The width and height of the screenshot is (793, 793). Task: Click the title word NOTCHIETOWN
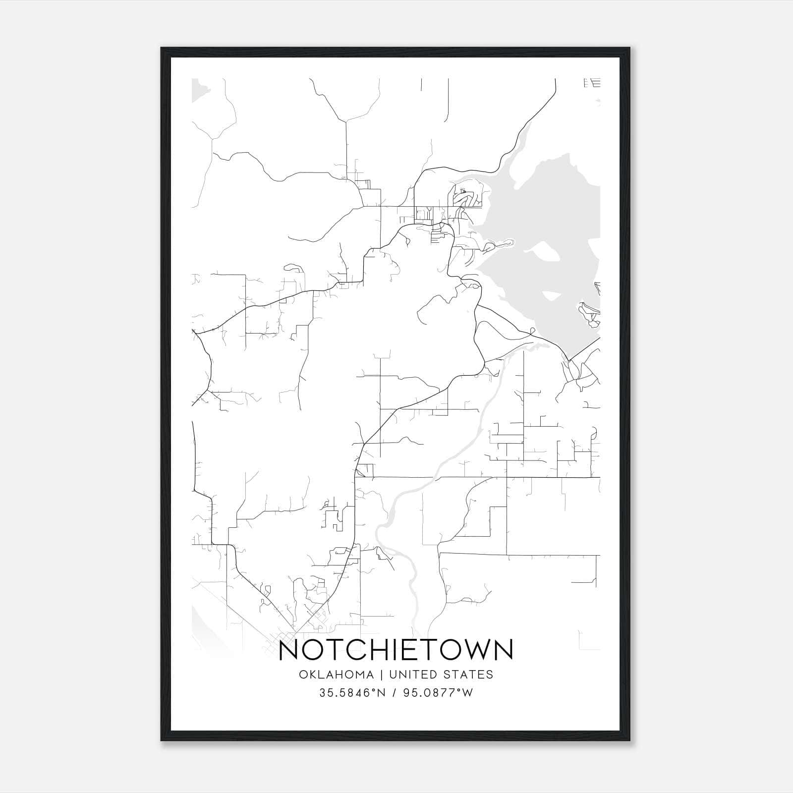[x=396, y=650]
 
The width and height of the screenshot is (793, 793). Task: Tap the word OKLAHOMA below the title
[x=336, y=675]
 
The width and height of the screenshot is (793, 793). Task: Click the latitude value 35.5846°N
[x=352, y=693]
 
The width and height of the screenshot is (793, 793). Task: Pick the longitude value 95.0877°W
[x=439, y=693]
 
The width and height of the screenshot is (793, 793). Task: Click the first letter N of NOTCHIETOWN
[x=289, y=650]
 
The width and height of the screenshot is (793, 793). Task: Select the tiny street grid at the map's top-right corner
[x=593, y=83]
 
